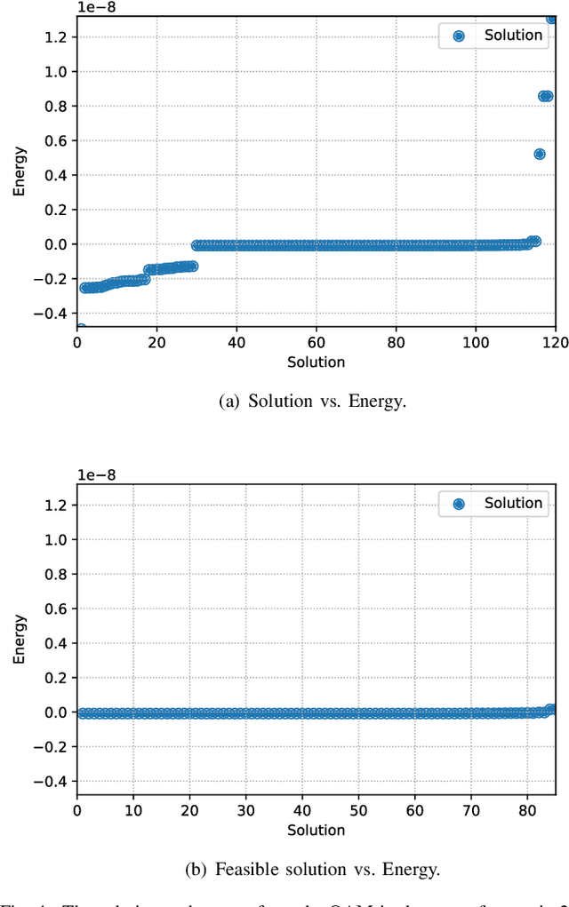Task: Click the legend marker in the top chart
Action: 459,36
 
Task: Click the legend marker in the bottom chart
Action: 459,504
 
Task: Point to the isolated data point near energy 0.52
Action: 540,154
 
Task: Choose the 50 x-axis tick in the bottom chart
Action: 358,811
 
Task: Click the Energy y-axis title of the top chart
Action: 20,171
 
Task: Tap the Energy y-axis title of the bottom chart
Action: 20,640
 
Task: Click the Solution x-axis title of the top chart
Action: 316,362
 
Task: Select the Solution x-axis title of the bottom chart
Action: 316,830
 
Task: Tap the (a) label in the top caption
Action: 229,401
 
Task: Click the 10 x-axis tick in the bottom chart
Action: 132,811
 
